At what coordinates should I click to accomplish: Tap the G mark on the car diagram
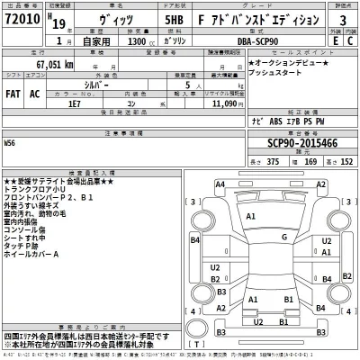(x=284, y=237)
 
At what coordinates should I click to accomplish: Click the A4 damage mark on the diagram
(x=220, y=184)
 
